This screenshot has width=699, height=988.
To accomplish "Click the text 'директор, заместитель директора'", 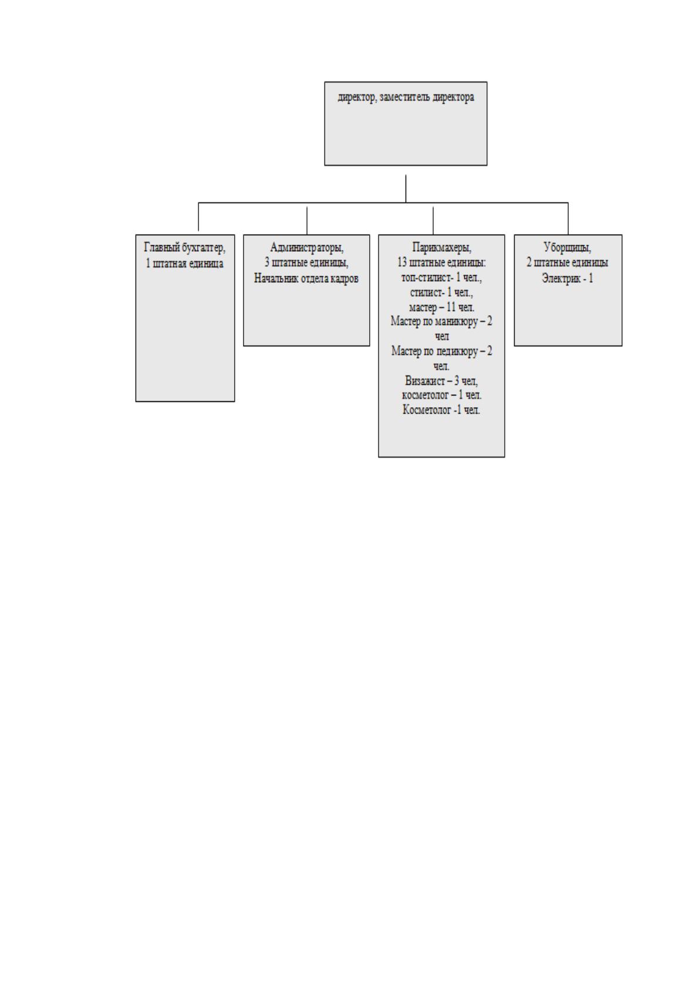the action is tap(406, 97).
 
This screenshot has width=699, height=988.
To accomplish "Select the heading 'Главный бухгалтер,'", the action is tap(185, 248).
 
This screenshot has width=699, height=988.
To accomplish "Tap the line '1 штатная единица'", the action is tap(185, 263).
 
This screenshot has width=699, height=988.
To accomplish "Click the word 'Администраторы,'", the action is tap(307, 248).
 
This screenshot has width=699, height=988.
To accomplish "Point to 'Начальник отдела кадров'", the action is tap(306, 278).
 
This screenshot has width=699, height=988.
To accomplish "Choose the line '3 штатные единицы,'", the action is tap(306, 263).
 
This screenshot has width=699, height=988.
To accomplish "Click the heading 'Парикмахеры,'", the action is tap(441, 248).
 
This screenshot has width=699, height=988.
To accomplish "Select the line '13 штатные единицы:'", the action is tap(441, 263).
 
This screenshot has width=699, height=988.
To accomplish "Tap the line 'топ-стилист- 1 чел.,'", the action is tap(441, 278).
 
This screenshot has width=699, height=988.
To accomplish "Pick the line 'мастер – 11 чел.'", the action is tap(441, 307).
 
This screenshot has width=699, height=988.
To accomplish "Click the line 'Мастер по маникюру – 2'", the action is tap(441, 322).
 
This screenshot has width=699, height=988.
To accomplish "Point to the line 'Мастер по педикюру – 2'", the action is tap(441, 351).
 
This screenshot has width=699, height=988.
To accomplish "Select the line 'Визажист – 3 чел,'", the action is tap(441, 381).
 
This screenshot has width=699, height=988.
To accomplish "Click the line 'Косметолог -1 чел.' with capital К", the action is tap(441, 410).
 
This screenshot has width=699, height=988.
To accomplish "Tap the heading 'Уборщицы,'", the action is tap(568, 248).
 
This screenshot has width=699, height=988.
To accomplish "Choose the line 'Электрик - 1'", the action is tap(568, 278).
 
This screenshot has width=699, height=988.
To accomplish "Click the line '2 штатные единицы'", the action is tap(568, 263).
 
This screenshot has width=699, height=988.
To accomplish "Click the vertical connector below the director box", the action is tap(406, 189).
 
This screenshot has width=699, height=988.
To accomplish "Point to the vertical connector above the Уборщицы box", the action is tap(568, 219).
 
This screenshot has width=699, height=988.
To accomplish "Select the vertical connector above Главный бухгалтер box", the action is tap(198, 216).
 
